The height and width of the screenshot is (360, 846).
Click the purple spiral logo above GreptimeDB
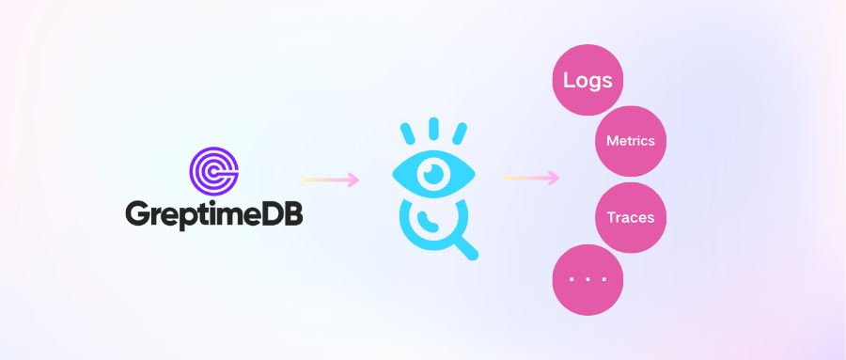tap(214, 168)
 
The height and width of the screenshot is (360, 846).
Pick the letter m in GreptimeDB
tap(231, 213)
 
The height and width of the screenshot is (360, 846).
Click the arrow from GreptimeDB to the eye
tap(331, 180)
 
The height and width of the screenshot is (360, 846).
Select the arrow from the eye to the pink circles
tap(532, 177)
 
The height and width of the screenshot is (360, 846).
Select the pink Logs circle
tap(587, 80)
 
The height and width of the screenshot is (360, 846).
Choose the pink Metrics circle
tap(631, 141)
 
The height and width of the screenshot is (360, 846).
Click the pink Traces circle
tap(631, 217)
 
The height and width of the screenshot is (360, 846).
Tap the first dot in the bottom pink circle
tap(572, 278)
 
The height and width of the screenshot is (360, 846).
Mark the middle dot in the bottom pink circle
tap(587, 278)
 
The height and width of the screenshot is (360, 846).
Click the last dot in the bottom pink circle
tap(603, 278)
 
